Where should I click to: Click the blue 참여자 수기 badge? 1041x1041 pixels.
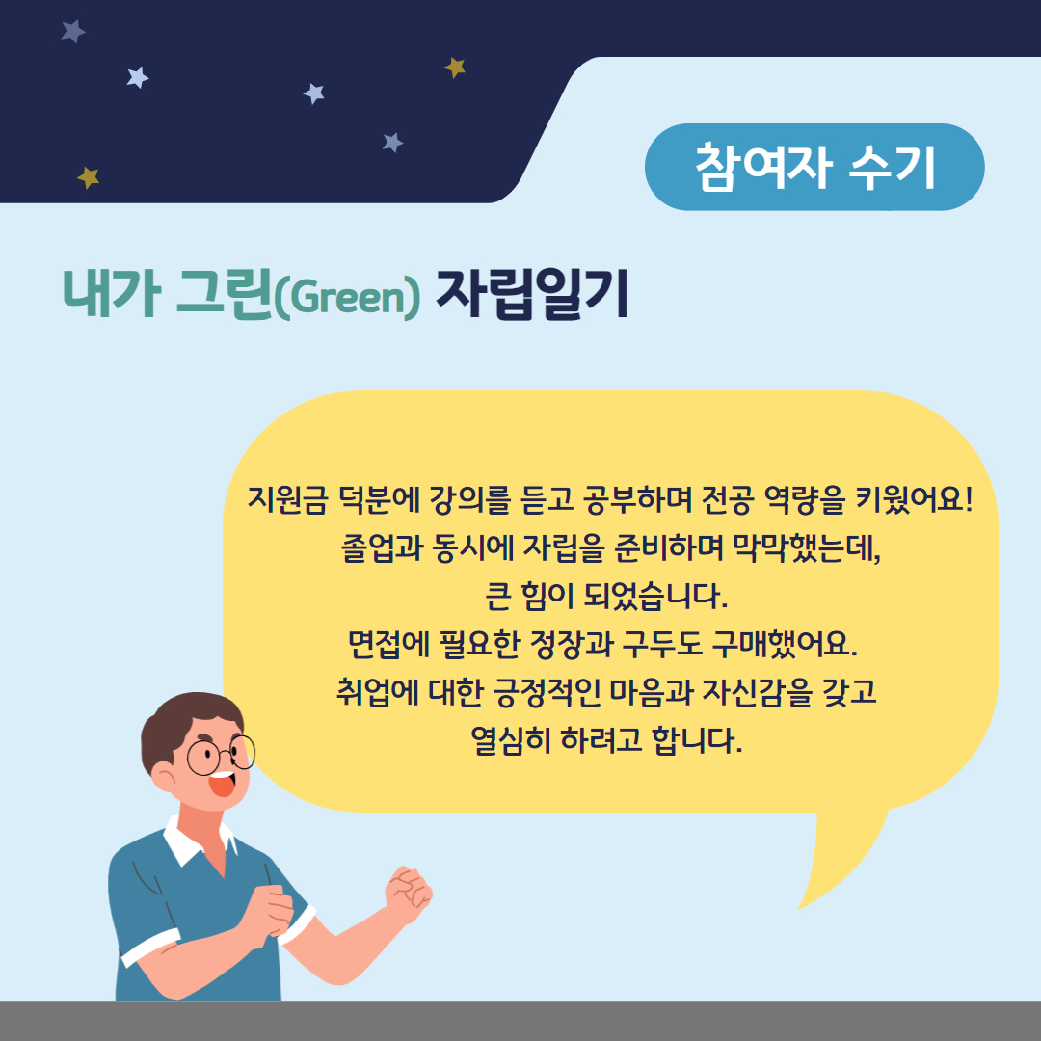[x=814, y=167]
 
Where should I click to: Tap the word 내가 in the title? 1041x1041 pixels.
[x=112, y=294]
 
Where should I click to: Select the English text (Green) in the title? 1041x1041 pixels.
[x=347, y=298]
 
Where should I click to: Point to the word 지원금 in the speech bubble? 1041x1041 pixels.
[x=287, y=499]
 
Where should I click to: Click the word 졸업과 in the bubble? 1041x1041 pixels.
[x=382, y=547]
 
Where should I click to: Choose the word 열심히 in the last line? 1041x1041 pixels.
[x=511, y=739]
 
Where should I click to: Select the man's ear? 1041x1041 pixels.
[x=163, y=776]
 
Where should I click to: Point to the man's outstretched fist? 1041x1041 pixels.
[x=409, y=893]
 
